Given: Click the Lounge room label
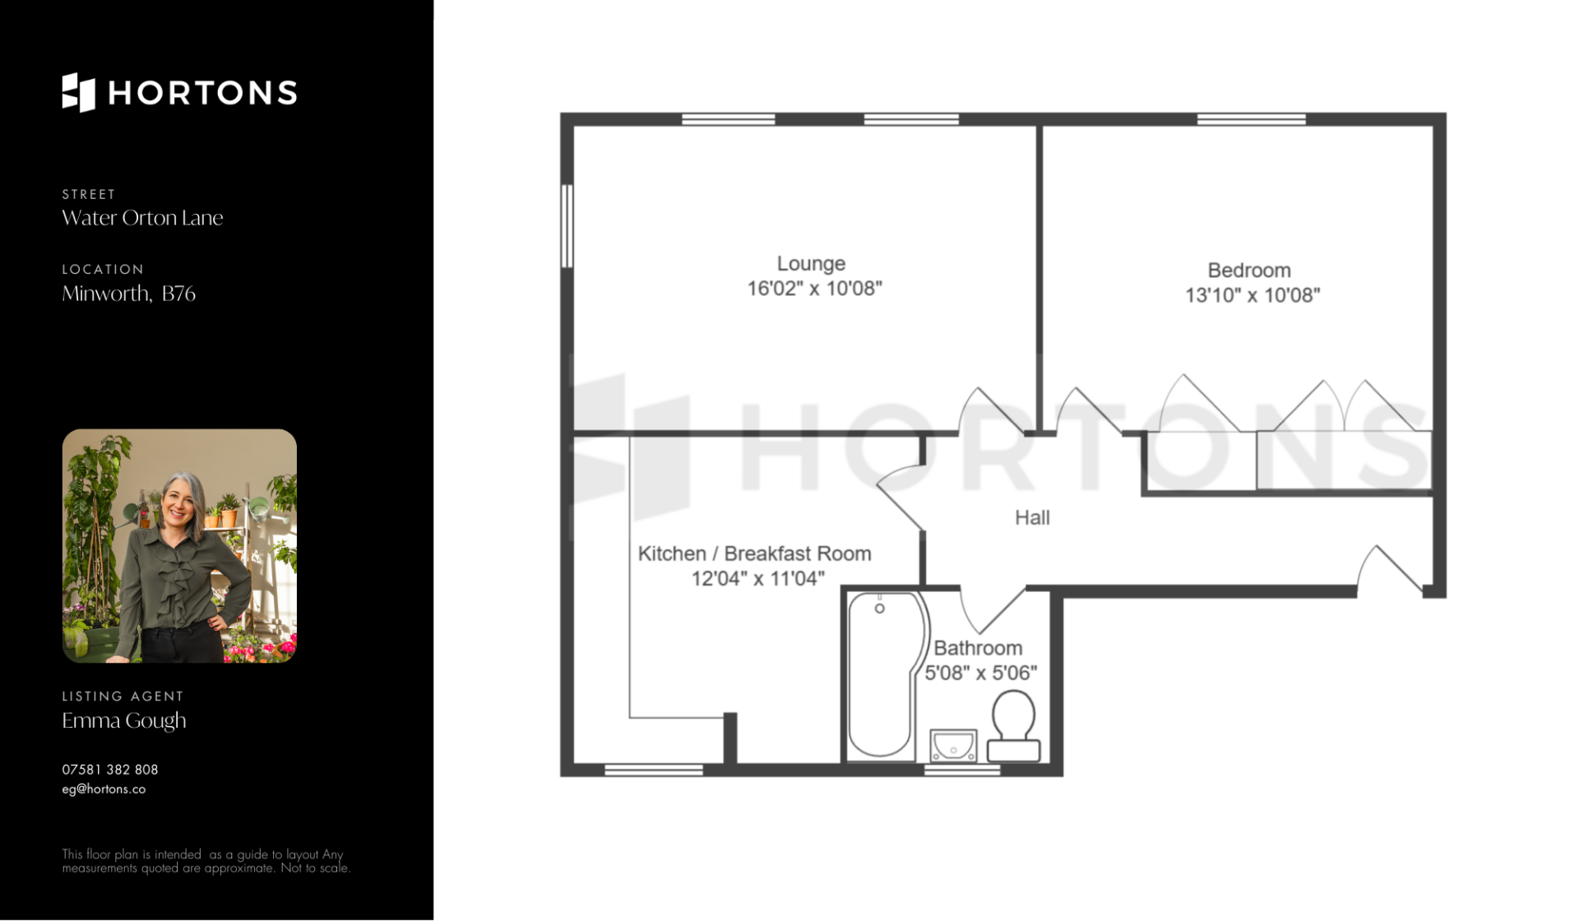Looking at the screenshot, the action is pyautogui.click(x=811, y=264).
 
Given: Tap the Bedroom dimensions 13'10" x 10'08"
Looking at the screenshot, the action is pyautogui.click(x=1252, y=295).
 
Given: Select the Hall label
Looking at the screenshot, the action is pyautogui.click(x=1032, y=517).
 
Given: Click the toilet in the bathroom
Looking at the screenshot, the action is pyautogui.click(x=1013, y=725).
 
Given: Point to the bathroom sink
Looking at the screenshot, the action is pyautogui.click(x=953, y=745).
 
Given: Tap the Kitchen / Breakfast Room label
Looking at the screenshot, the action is pyautogui.click(x=754, y=553).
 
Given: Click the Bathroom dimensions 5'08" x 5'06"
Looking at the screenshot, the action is pyautogui.click(x=980, y=673).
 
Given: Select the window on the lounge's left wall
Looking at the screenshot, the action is pyautogui.click(x=567, y=225).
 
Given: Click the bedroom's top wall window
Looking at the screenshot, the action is pyautogui.click(x=1251, y=119).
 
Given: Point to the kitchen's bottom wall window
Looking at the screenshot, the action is pyautogui.click(x=654, y=770).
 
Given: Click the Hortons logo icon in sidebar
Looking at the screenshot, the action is pyautogui.click(x=79, y=92).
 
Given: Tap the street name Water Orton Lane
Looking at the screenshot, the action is pyautogui.click(x=142, y=218).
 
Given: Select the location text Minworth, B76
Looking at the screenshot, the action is pyautogui.click(x=128, y=294).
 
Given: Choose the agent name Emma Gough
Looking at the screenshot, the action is pyautogui.click(x=124, y=720).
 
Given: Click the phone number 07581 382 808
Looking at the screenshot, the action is pyautogui.click(x=110, y=770).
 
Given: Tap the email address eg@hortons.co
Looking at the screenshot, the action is pyautogui.click(x=104, y=789).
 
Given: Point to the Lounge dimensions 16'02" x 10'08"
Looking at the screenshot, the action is pyautogui.click(x=814, y=289).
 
